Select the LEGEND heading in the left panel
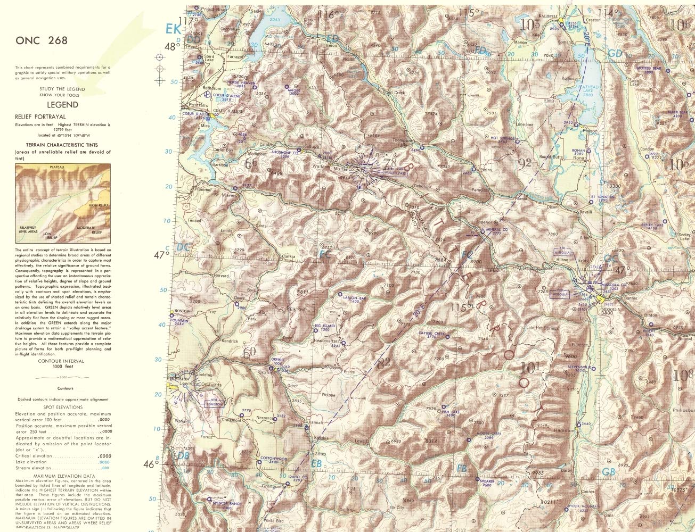(62, 105)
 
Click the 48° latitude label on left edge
(170, 46)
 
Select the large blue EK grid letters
(173, 29)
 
